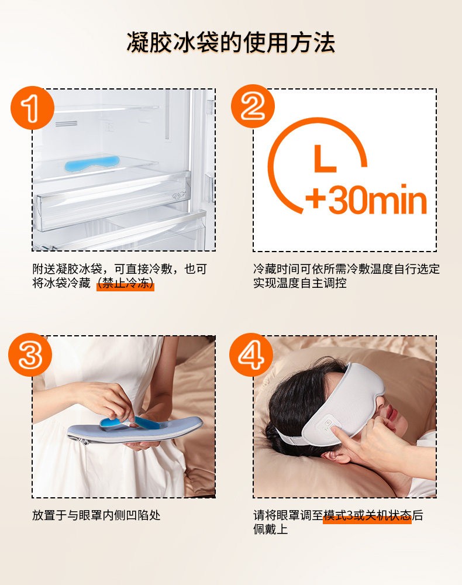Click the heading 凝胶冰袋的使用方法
click(x=231, y=42)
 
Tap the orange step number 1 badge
click(x=32, y=108)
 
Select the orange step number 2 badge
click(x=253, y=106)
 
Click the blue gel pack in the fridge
click(x=92, y=164)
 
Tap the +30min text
click(x=366, y=200)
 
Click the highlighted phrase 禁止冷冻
click(x=125, y=283)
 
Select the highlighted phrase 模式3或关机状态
click(x=367, y=515)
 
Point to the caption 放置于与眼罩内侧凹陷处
click(x=96, y=515)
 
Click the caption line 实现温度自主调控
click(x=300, y=283)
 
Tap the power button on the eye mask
click(x=327, y=424)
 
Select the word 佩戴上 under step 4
click(x=270, y=529)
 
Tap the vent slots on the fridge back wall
click(x=66, y=123)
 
